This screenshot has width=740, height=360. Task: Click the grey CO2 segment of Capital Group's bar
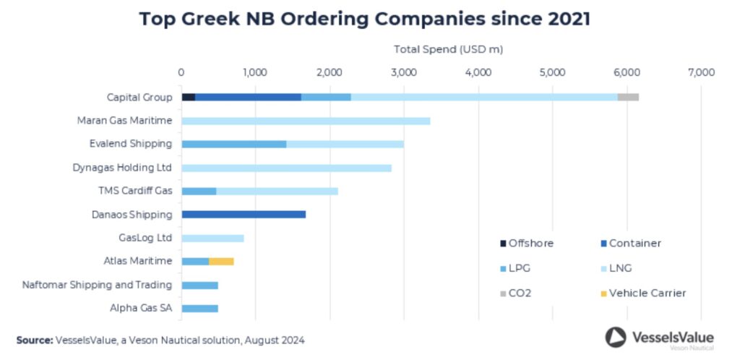[628, 97]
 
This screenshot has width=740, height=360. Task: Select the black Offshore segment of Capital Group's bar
[189, 97]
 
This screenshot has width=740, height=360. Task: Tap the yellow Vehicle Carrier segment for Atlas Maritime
[221, 262]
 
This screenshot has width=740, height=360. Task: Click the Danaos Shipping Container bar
[244, 215]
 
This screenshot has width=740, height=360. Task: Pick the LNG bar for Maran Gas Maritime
[306, 121]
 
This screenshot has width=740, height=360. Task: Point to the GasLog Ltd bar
[213, 239]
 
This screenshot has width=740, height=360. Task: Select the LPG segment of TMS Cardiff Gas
[199, 191]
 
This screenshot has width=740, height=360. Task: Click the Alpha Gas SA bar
[199, 309]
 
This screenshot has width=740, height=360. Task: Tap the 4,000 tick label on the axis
[478, 72]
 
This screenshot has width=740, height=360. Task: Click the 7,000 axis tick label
[701, 72]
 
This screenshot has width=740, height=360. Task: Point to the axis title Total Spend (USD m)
[448, 49]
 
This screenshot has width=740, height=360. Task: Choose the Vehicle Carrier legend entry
[642, 293]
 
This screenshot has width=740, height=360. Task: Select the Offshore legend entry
[527, 244]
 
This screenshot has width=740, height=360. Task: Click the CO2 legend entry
[516, 293]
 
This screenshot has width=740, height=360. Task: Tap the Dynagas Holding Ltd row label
[122, 168]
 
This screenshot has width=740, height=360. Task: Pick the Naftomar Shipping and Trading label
[97, 285]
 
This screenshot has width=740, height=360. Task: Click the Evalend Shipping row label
[131, 145]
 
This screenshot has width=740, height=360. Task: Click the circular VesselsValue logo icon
[616, 338]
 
